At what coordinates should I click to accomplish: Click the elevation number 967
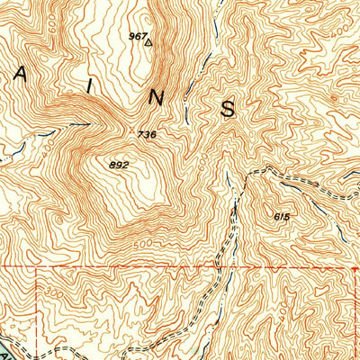(x=137, y=36)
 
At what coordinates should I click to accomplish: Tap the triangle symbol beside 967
(x=149, y=40)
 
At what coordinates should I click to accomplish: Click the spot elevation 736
(x=148, y=134)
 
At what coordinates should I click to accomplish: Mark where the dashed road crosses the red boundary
(x=219, y=267)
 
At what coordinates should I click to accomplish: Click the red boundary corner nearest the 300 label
(x=36, y=267)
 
